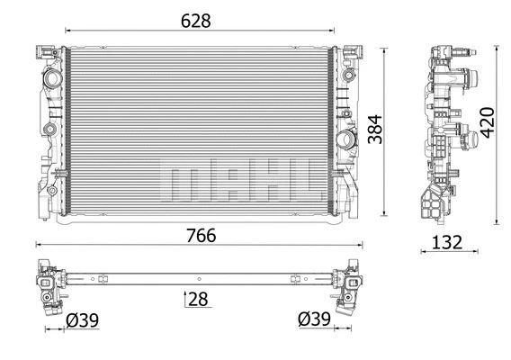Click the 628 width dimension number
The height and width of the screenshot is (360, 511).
[195, 21]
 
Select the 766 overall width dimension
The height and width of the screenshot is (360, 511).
[202, 236]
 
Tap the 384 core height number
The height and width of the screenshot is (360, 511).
[375, 129]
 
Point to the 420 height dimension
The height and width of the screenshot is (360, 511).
[488, 122]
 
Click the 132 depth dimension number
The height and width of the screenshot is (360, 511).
[447, 243]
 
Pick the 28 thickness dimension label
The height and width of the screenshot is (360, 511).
[198, 299]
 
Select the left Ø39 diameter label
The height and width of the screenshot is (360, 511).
[83, 320]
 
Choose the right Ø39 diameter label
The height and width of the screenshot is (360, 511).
[314, 319]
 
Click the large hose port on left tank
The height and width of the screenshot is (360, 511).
[51, 77]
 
